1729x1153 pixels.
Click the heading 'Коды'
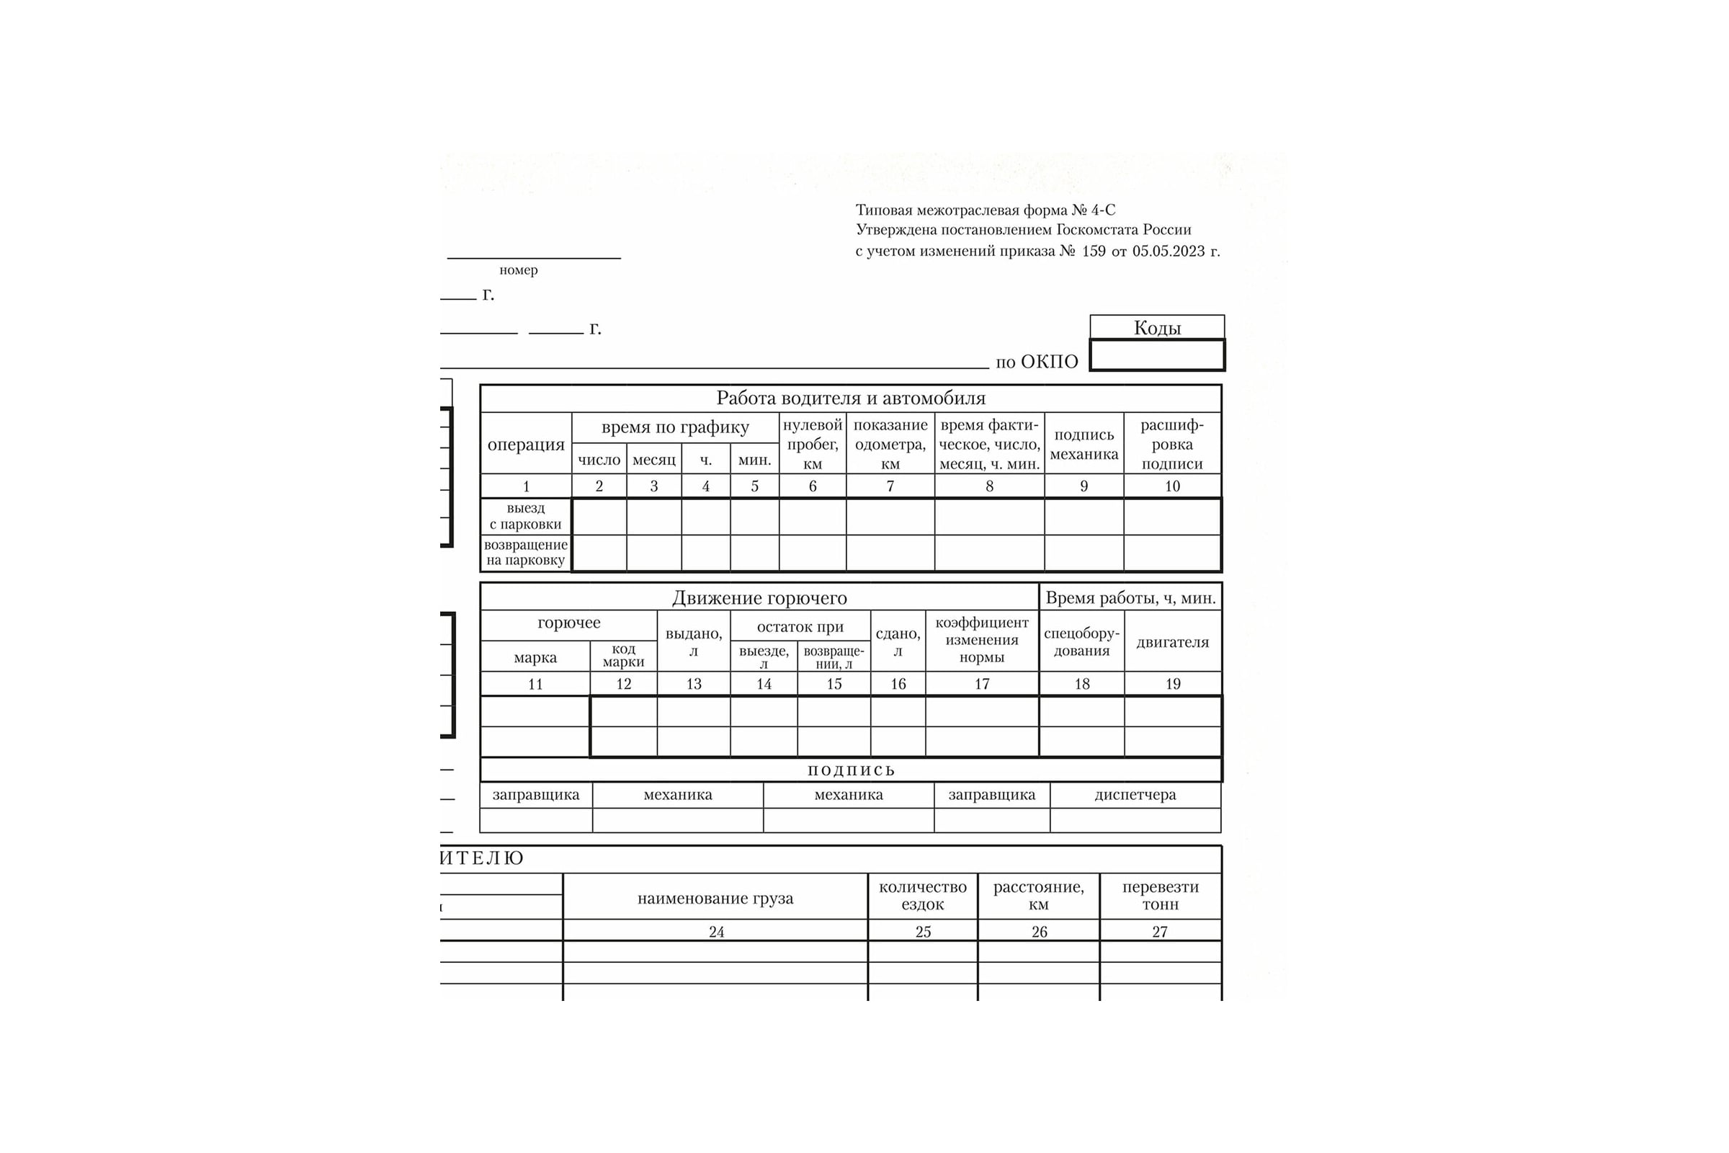click(1156, 328)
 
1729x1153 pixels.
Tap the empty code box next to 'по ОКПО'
click(1156, 355)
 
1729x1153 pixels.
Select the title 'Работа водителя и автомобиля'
click(851, 399)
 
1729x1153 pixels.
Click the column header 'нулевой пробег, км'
click(813, 444)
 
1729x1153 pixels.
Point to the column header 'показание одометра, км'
click(890, 444)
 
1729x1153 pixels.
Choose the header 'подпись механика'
click(1084, 444)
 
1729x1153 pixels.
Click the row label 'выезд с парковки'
click(526, 516)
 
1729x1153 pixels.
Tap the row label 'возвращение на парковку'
click(526, 553)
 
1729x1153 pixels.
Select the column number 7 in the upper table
click(890, 486)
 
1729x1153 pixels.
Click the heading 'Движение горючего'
click(759, 598)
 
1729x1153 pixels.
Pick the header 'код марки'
click(623, 655)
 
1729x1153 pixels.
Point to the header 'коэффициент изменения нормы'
click(982, 640)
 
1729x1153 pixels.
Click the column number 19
click(1173, 684)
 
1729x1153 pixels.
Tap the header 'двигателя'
click(1173, 642)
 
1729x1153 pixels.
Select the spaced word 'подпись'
click(851, 770)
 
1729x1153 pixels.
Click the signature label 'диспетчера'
click(1135, 795)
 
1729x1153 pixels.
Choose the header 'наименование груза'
click(715, 898)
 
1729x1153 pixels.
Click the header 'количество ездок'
click(923, 896)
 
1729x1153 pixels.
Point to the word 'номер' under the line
click(518, 270)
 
